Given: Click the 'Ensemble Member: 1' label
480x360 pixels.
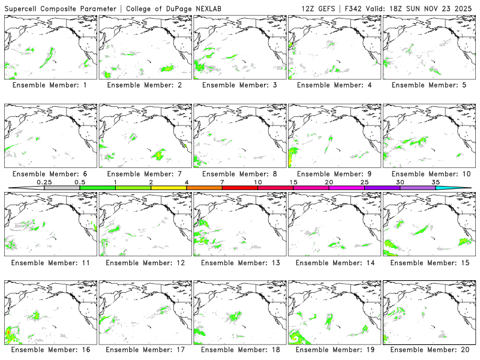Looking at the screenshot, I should pyautogui.click(x=50, y=85).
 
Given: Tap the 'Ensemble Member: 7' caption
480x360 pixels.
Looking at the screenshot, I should pyautogui.click(x=144, y=174).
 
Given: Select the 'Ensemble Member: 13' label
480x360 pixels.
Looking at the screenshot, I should pyautogui.click(x=239, y=263).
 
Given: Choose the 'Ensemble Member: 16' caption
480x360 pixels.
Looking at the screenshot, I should pyautogui.click(x=50, y=350).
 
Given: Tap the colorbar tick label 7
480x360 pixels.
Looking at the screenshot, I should pyautogui.click(x=222, y=182).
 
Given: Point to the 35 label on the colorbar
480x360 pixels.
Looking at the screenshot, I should pyautogui.click(x=436, y=182).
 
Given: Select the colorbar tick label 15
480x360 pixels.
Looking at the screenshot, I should pyautogui.click(x=293, y=182).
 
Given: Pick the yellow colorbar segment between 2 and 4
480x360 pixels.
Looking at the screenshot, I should pyautogui.click(x=169, y=188).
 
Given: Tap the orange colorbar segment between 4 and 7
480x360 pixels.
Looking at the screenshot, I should pyautogui.click(x=204, y=188).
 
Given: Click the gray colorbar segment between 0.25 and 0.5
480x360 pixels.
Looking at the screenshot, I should pyautogui.click(x=62, y=188).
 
